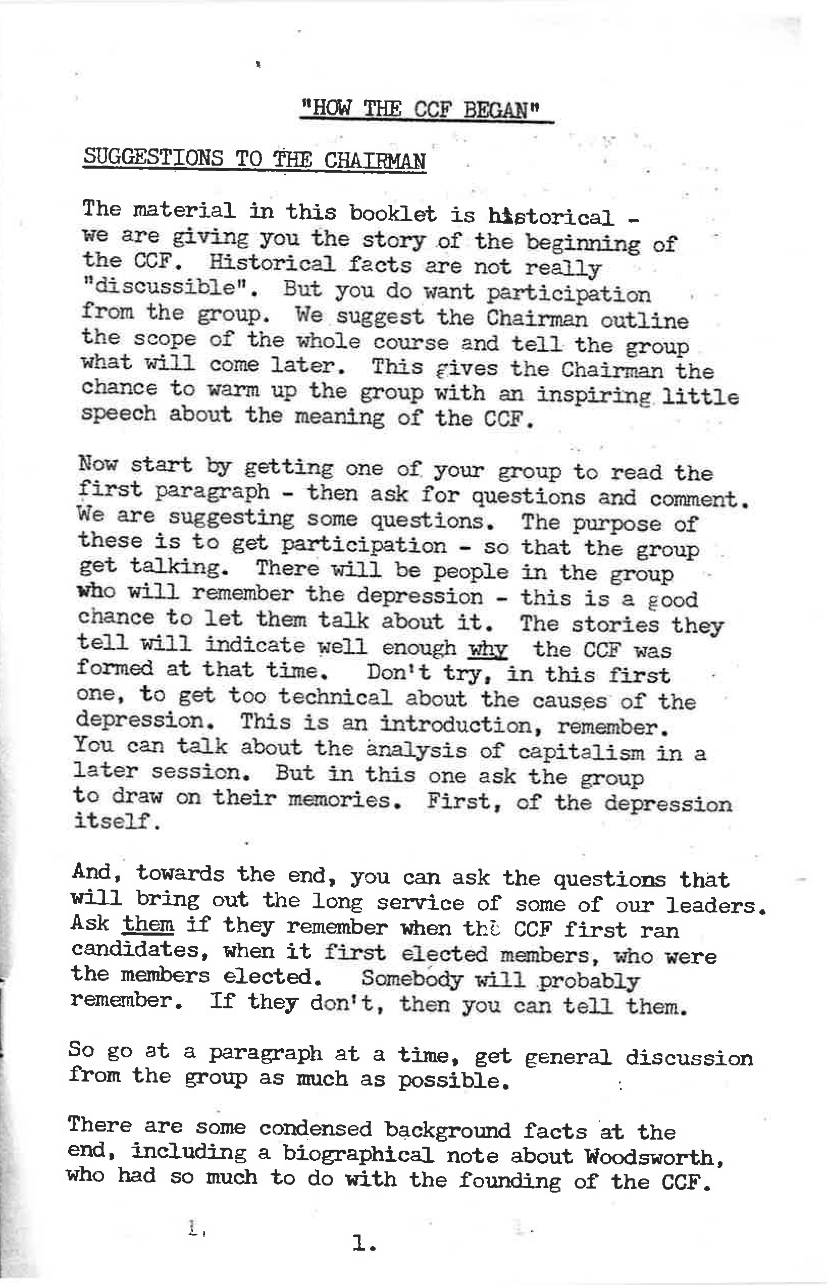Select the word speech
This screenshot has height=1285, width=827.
coord(118,415)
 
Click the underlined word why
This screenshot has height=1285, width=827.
coord(488,650)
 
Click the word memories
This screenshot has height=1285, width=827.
coord(345,801)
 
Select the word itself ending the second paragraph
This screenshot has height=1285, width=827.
coord(117,821)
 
